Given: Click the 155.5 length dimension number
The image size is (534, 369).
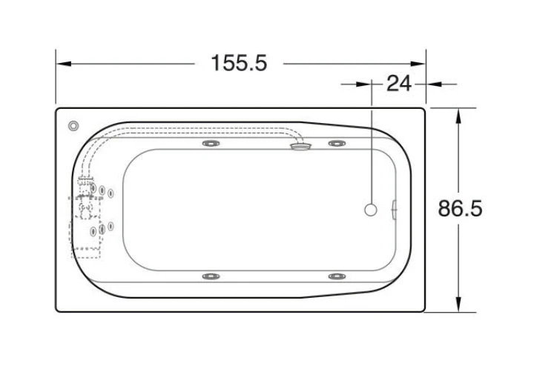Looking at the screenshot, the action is coord(239,63).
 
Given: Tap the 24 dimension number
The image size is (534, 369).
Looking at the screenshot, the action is coord(399,83).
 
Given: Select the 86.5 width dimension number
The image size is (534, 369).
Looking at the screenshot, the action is coord(460,208).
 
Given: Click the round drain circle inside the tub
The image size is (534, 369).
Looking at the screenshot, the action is coord(371,210).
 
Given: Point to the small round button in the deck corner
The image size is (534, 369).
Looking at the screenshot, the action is coord(73,126).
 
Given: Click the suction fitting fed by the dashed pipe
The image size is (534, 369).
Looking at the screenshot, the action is coord(300,146).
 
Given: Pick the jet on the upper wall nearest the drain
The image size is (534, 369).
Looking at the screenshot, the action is coord(337,144).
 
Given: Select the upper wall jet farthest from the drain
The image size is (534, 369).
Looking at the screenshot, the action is coord(211,144).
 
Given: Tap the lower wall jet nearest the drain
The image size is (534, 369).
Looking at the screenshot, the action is coord(337,276).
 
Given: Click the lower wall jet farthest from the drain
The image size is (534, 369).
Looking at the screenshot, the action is coord(211,276).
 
